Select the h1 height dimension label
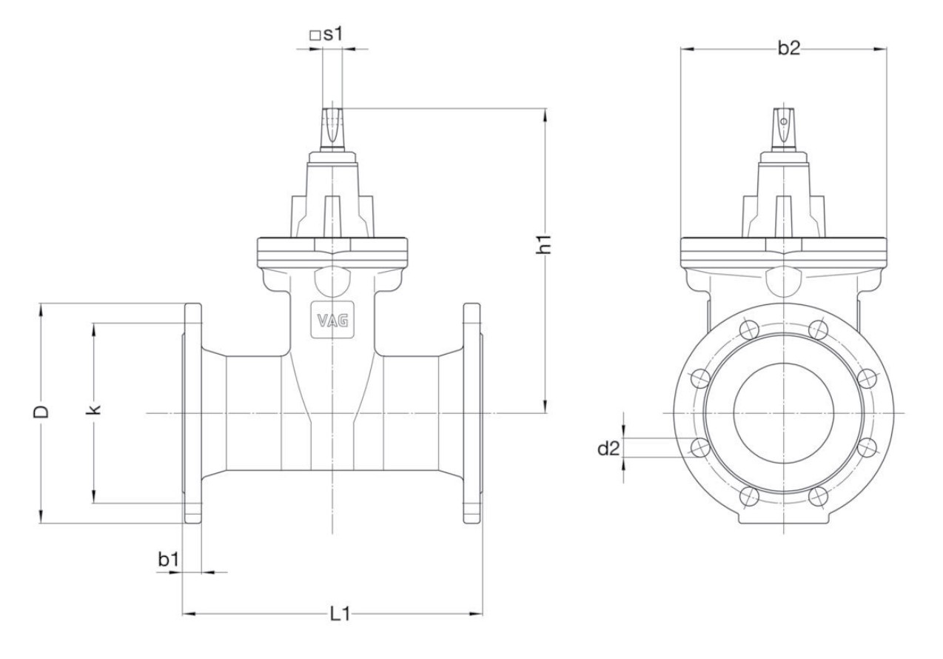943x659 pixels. (x=546, y=244)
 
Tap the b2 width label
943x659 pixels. (x=788, y=49)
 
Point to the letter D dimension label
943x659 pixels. (x=43, y=412)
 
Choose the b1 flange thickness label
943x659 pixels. (x=168, y=560)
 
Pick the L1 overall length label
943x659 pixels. (x=340, y=613)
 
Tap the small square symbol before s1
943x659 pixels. (x=313, y=36)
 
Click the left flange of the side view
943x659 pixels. (x=191, y=412)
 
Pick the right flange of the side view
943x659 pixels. (x=472, y=412)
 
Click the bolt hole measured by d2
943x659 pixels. (x=698, y=446)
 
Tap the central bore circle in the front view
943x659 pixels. (x=784, y=412)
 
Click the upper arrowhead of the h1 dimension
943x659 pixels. (x=546, y=113)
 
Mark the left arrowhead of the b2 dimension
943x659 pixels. (x=685, y=50)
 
